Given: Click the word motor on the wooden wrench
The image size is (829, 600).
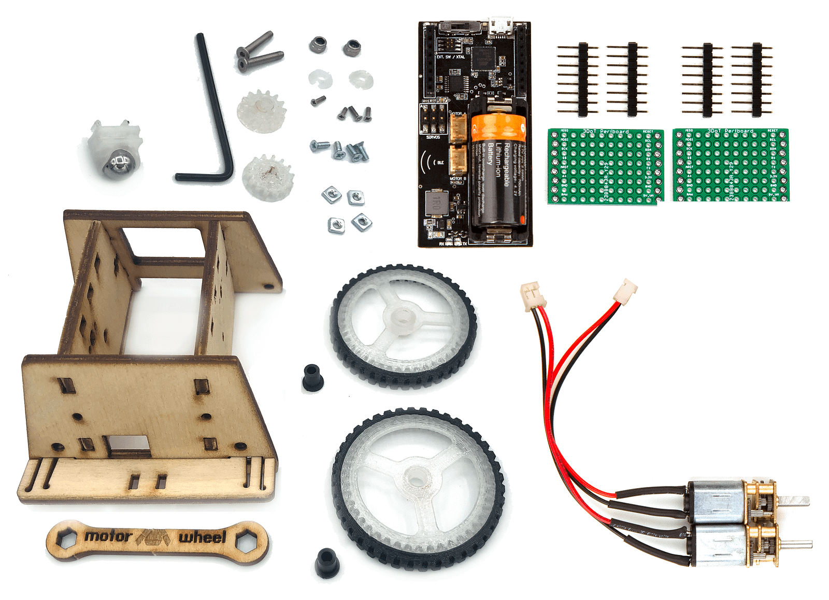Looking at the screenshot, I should (108, 536).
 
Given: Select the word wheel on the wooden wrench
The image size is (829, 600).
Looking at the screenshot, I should (203, 537).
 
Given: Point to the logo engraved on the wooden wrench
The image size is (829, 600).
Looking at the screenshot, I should (154, 538).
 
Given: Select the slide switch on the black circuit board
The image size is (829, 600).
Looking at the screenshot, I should (454, 26).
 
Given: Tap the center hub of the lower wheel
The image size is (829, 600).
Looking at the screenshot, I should (416, 478).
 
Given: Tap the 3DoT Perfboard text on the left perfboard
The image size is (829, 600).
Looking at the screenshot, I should (606, 132).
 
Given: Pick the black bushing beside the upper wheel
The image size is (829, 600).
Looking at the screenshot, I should (312, 377).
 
